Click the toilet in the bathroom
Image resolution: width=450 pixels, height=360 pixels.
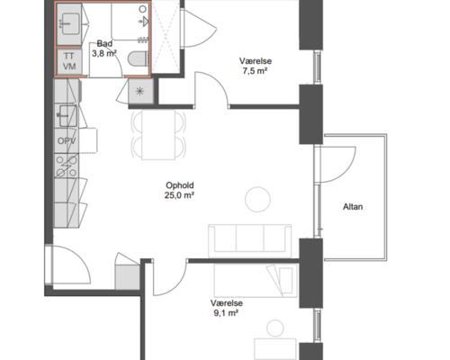pyautogui.click(x=138, y=58)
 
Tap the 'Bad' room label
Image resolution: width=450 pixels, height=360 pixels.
pyautogui.click(x=104, y=43)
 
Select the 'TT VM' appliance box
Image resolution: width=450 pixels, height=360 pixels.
pyautogui.click(x=69, y=61)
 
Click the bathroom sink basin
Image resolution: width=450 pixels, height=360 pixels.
pyautogui.click(x=69, y=23)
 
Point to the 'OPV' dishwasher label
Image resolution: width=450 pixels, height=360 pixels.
pyautogui.click(x=67, y=140)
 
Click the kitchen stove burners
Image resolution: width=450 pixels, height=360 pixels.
pyautogui.click(x=67, y=166)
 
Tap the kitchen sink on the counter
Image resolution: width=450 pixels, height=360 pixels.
pyautogui.click(x=67, y=116)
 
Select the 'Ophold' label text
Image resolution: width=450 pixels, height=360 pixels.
pyautogui.click(x=180, y=185)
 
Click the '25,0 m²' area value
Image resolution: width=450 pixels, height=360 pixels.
pyautogui.click(x=179, y=195)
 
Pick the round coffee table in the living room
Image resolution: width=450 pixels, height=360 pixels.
pyautogui.click(x=257, y=200)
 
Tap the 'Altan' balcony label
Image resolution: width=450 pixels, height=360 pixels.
pyautogui.click(x=353, y=207)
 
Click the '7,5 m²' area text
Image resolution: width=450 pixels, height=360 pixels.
pyautogui.click(x=255, y=71)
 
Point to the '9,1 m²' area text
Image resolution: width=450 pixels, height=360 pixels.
pyautogui.click(x=226, y=313)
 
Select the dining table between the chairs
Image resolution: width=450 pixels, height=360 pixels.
pyautogui.click(x=158, y=135)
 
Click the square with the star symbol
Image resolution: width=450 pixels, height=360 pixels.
pyautogui.click(x=140, y=91)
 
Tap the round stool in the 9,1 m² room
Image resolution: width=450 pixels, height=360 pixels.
pyautogui.click(x=275, y=328)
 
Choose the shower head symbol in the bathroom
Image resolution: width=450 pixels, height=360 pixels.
pyautogui.click(x=145, y=21)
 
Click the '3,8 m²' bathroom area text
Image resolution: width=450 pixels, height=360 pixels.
pyautogui.click(x=104, y=53)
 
